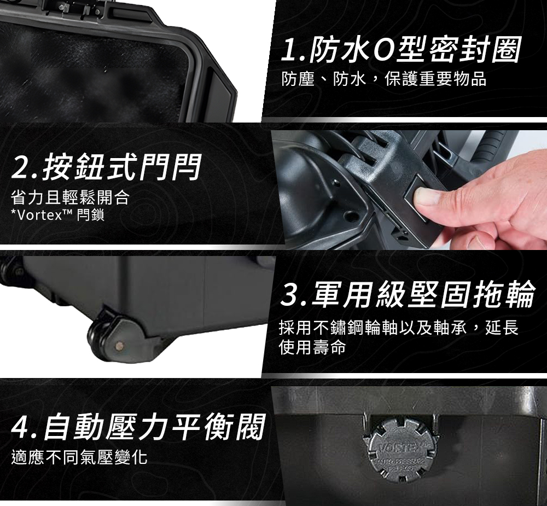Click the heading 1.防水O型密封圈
click(x=401, y=49)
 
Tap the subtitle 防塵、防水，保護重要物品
click(x=384, y=79)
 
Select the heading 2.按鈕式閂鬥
click(x=106, y=167)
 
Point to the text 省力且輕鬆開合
click(x=70, y=197)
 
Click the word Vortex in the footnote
click(x=39, y=216)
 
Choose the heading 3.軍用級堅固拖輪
click(x=408, y=294)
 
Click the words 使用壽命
click(x=312, y=347)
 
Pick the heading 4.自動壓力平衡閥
click(x=138, y=426)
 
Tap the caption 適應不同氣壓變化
click(x=79, y=457)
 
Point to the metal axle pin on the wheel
click(x=120, y=346)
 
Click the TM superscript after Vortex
click(x=67, y=212)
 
